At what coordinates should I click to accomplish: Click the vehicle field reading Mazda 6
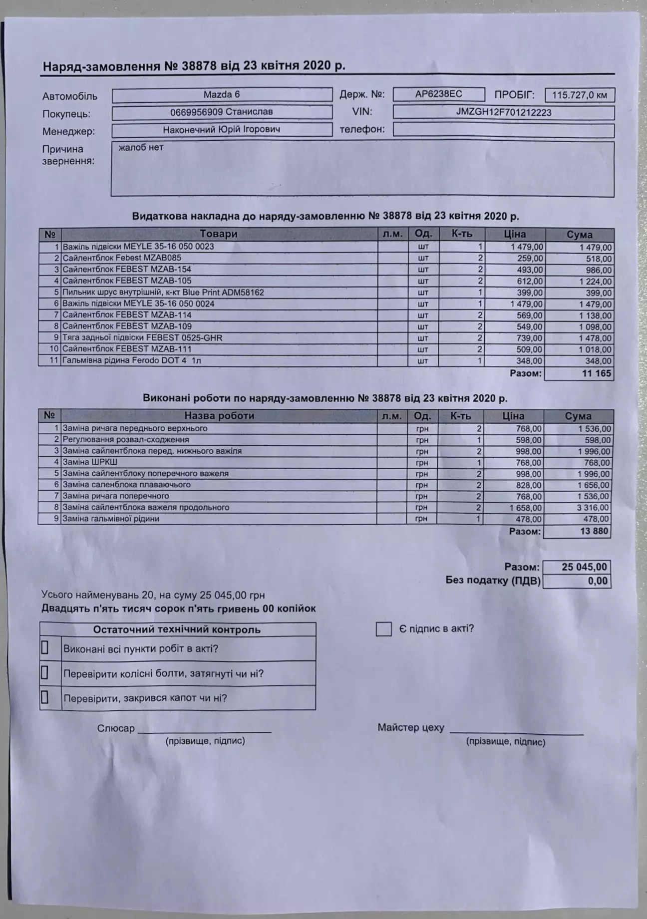coord(222,94)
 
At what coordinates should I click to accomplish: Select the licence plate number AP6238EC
coord(438,94)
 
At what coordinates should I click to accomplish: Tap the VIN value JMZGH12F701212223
coord(503,112)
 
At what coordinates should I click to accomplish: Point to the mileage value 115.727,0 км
coord(579,95)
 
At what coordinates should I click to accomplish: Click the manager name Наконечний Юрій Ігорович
coord(222,129)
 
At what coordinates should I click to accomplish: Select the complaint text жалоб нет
coord(141,147)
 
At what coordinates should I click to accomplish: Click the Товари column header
coord(219,234)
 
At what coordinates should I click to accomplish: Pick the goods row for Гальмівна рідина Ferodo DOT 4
coord(132,360)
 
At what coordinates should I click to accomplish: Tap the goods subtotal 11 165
coord(596,373)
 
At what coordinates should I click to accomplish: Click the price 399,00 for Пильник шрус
coord(530,293)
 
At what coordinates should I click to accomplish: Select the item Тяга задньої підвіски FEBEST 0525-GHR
coord(142,338)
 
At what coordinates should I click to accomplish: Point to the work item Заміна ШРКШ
coord(90,462)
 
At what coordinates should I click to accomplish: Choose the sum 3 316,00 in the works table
coord(594,508)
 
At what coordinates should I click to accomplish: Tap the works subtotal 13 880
coord(594,531)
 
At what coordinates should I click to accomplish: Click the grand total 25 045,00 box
coord(584,567)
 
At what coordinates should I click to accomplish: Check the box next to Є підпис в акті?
coord(383,629)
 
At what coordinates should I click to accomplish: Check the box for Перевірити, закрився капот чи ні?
coord(44,697)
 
